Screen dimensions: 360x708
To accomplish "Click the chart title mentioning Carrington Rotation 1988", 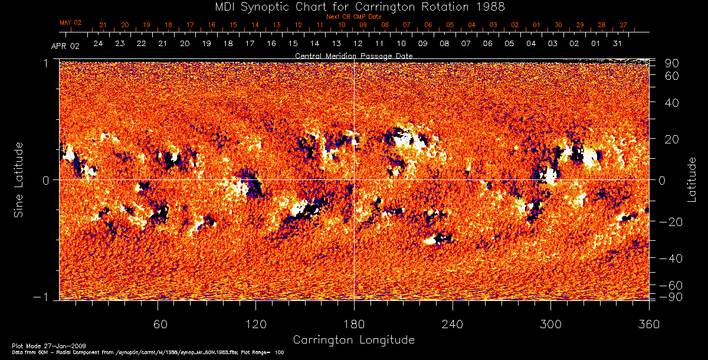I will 353,7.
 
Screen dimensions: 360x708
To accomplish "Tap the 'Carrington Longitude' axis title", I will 353,340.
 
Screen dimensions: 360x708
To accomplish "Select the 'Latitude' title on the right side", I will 692,179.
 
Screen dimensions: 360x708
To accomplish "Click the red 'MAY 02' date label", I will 70,22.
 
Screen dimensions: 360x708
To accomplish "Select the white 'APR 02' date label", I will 65,46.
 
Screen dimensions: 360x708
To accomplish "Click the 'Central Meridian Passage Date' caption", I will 353,55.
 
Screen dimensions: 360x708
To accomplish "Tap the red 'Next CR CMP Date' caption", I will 353,17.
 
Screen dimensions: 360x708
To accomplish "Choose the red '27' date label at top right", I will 623,25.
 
